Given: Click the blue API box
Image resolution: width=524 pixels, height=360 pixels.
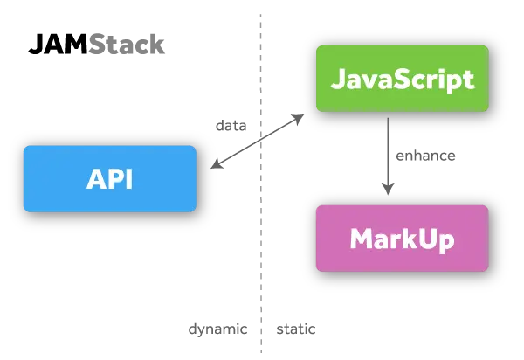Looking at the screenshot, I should (109, 178).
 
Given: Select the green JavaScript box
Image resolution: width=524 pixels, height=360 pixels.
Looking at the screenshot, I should (402, 79).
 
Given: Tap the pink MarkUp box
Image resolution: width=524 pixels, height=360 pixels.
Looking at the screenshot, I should (402, 238).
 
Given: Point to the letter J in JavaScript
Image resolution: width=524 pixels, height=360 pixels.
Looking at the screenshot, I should (337, 79).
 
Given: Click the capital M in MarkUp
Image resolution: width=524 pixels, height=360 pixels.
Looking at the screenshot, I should (361, 238).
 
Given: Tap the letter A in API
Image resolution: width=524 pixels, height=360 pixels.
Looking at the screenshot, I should (94, 178).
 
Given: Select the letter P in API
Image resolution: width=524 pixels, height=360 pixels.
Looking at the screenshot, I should (114, 178).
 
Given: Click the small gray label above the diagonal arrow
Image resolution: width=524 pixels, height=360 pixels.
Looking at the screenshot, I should (231, 126).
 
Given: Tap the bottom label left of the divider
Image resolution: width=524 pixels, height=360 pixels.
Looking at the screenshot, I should (219, 329).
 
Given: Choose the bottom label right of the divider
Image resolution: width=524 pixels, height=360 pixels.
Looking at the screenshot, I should (297, 329).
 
